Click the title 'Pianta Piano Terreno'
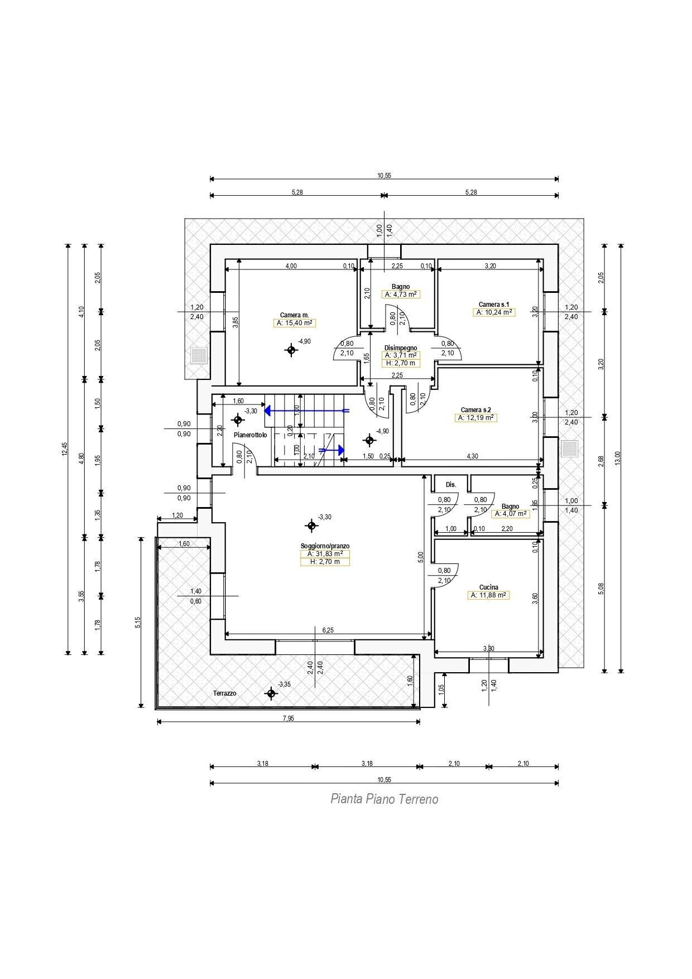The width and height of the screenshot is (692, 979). pos(384,799)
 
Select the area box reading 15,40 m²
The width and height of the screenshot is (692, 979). pos(294,323)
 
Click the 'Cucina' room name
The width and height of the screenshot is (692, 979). pos(488,587)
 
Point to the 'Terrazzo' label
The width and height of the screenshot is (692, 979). pos(224,693)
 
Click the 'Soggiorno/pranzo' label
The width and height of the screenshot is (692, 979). pos(325,546)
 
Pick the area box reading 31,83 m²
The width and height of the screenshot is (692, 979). pos(325,554)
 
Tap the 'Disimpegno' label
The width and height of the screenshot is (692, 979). pos(400,348)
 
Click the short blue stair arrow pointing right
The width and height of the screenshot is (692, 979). pos(331,449)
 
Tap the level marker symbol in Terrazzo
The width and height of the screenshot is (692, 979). pos(271,694)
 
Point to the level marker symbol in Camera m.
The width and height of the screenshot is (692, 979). pos(291,350)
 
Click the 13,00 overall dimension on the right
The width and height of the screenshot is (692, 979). pos(617,457)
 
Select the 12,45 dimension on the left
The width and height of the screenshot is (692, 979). pos(65,449)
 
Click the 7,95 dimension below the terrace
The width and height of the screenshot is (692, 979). pos(288,718)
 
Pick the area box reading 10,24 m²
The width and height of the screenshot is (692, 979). pos(494,312)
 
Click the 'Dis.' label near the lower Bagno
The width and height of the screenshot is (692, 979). pos(451,485)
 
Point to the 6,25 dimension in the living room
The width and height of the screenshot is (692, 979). pos(328,630)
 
